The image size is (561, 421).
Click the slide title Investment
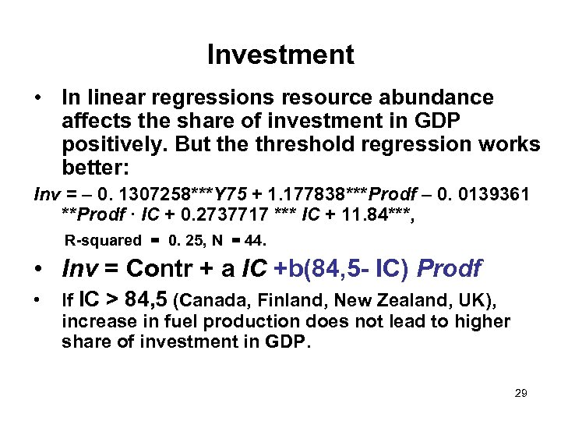click(280, 55)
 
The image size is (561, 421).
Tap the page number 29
click(520, 393)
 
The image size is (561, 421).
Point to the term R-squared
click(103, 241)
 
